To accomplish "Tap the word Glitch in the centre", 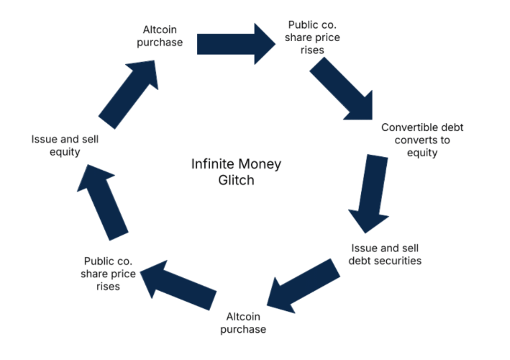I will pos(236,180).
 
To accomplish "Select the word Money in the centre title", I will pos(260,164).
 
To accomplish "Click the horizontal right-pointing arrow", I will pos(236,42).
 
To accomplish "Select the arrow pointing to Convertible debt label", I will pos(342,88).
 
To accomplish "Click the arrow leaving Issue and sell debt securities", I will pos(302,286).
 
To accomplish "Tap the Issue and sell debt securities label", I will pos(386,253).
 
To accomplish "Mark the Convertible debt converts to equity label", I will pos(422,140).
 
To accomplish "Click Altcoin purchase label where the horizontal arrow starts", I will pos(161,36).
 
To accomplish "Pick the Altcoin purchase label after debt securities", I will pos(246,323).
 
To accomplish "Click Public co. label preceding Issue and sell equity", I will pos(109,273).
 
